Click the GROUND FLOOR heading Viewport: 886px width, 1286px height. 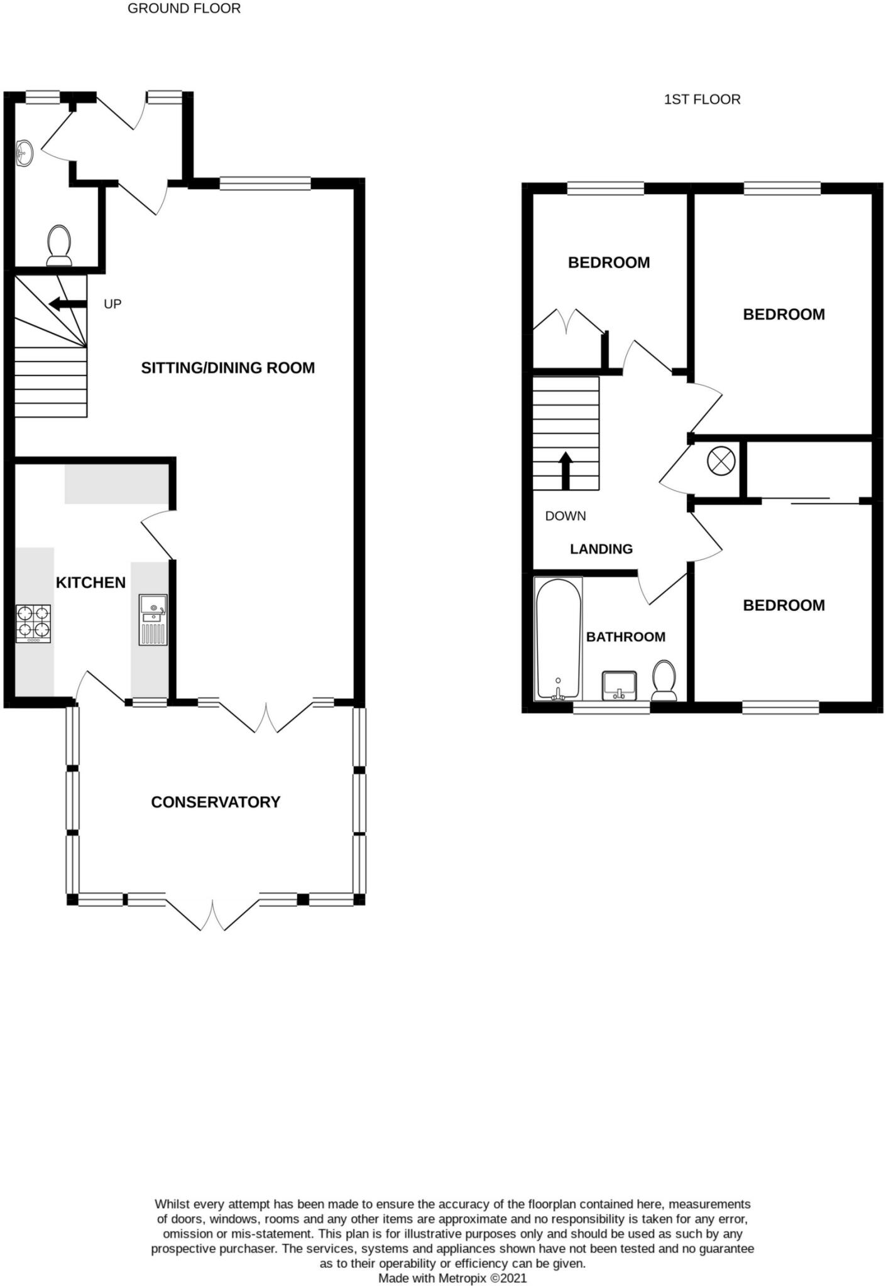(x=183, y=9)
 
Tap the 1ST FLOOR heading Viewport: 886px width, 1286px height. (x=702, y=99)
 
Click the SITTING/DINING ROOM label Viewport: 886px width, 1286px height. (x=227, y=368)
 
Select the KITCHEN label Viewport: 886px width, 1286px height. (x=90, y=583)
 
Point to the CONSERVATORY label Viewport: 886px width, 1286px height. (x=216, y=802)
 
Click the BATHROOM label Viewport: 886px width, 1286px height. (x=625, y=637)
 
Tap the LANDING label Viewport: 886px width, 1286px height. (x=601, y=549)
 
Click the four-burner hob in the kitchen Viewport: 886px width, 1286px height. (x=33, y=623)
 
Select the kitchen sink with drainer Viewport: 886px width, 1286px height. (x=153, y=620)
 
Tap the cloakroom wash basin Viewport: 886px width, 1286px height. (x=25, y=153)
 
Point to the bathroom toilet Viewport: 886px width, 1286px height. (x=664, y=681)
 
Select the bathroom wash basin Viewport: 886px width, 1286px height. (x=620, y=685)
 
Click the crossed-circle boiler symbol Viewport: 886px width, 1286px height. (x=721, y=462)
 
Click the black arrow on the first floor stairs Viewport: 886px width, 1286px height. (x=566, y=470)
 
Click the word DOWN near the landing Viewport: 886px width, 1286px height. (x=566, y=516)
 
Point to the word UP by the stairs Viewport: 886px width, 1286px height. (x=112, y=304)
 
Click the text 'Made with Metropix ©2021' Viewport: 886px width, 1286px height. (x=452, y=1278)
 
